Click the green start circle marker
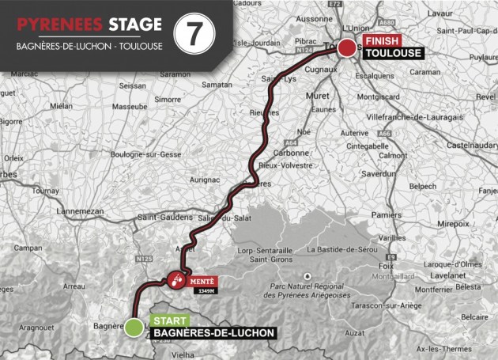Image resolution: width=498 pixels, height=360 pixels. click(x=135, y=327)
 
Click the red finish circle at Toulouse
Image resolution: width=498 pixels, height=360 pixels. click(x=347, y=49)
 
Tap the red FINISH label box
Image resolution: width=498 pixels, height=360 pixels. click(x=381, y=40)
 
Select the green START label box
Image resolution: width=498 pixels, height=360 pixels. click(x=171, y=319)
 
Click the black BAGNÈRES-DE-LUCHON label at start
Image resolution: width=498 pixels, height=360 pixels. click(x=211, y=333)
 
